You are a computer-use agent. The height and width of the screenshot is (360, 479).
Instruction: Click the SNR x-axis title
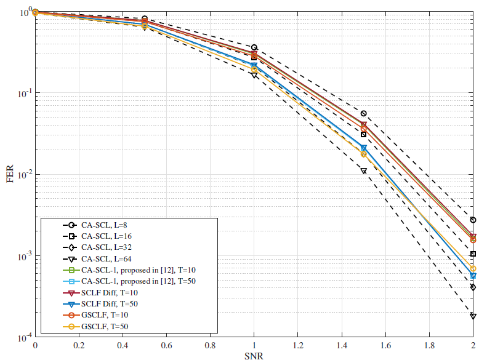point(254,354)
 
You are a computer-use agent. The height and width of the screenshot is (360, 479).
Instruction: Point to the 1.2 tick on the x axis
point(297,345)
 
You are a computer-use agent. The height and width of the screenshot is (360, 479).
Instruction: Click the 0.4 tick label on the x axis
point(123,345)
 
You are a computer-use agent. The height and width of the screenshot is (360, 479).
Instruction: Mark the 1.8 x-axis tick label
point(429,345)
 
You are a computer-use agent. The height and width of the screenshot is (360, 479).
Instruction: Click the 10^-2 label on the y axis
point(23,175)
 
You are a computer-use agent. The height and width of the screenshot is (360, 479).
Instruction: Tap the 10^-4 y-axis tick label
point(23,337)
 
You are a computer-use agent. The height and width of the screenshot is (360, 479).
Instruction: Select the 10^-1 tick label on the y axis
point(23,94)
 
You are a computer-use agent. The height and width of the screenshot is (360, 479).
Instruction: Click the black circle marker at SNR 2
point(473,220)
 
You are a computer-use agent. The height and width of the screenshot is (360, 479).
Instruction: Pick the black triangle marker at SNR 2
point(473,316)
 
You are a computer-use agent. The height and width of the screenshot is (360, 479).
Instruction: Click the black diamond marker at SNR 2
point(473,287)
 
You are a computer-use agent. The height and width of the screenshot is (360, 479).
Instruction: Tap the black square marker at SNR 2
point(473,254)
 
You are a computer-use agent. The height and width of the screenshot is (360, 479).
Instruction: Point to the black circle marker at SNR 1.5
point(363,114)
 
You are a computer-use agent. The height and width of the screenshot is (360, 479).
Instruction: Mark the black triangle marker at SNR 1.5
point(363,171)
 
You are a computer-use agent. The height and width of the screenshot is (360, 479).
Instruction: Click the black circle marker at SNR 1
point(254,47)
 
